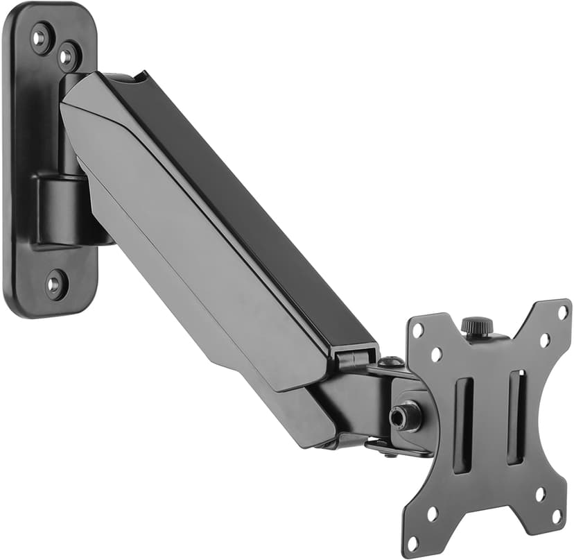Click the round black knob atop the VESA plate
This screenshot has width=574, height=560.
tap(477, 325)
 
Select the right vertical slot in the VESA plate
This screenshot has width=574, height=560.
tap(516, 417)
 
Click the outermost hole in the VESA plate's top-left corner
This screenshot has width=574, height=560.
tap(417, 331)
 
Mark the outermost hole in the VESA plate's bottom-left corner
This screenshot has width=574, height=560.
tap(414, 542)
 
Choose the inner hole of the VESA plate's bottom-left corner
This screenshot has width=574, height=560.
tap(433, 514)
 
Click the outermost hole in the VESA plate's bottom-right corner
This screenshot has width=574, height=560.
tap(557, 516)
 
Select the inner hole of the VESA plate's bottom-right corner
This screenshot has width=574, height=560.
tap(540, 494)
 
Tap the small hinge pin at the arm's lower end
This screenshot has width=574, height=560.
tap(351, 358)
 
